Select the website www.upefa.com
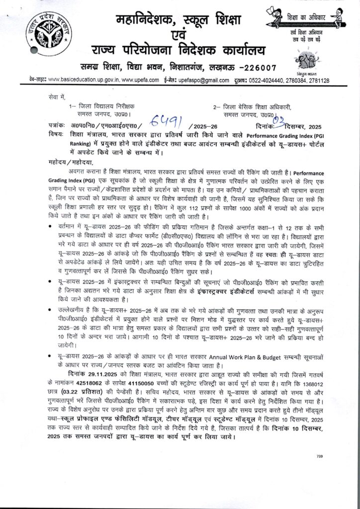click(140, 81)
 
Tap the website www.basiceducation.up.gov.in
click(83, 81)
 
